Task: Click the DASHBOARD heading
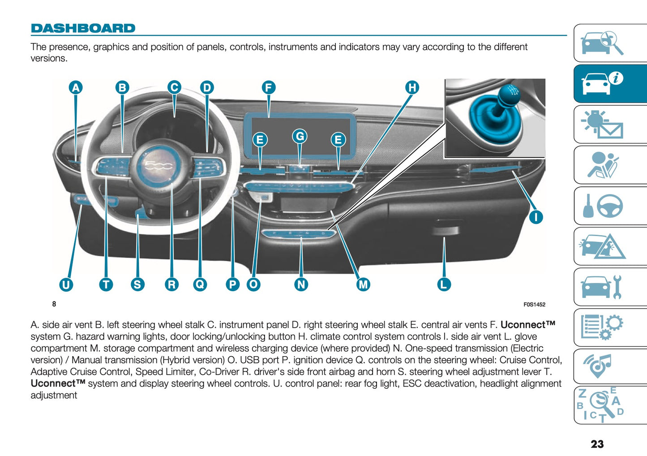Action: click(83, 28)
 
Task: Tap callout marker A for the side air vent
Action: click(76, 87)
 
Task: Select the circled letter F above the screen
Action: click(268, 87)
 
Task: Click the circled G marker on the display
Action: click(300, 136)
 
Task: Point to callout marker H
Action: click(412, 87)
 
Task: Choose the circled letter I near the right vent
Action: click(536, 217)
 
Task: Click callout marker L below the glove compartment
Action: click(443, 284)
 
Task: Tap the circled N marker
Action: click(301, 284)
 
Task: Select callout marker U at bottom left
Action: click(66, 284)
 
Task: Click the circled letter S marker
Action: click(137, 284)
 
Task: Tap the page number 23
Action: click(597, 444)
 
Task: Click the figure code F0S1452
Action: click(534, 305)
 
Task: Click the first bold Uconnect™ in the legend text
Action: click(527, 325)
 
